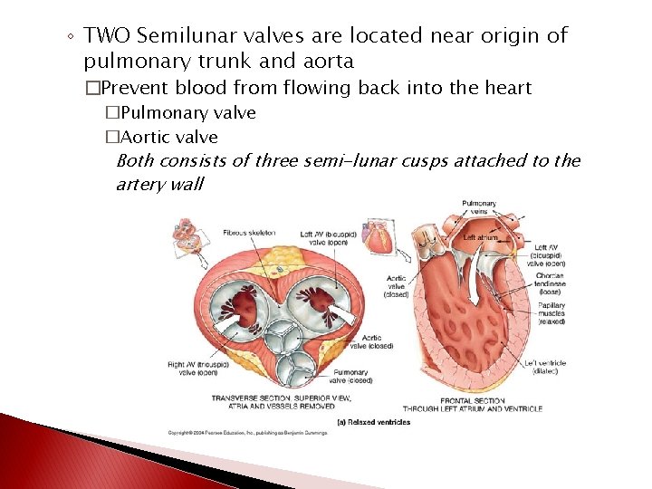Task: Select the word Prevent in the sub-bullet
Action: (x=137, y=88)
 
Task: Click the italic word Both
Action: (x=136, y=161)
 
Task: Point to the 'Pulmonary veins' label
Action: (x=478, y=207)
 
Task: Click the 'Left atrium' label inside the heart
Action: (x=481, y=238)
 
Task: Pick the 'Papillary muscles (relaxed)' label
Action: (x=550, y=312)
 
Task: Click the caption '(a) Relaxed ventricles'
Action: (x=373, y=423)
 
